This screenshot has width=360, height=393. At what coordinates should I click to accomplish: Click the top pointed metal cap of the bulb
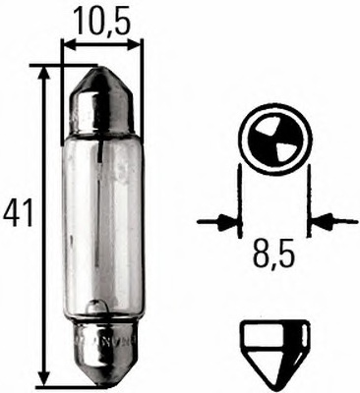(101, 88)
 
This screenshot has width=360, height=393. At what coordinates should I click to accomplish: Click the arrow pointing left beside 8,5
(325, 221)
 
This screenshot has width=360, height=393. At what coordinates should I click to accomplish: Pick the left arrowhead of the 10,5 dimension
(68, 44)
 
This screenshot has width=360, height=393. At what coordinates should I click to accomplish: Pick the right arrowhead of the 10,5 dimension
(136, 44)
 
